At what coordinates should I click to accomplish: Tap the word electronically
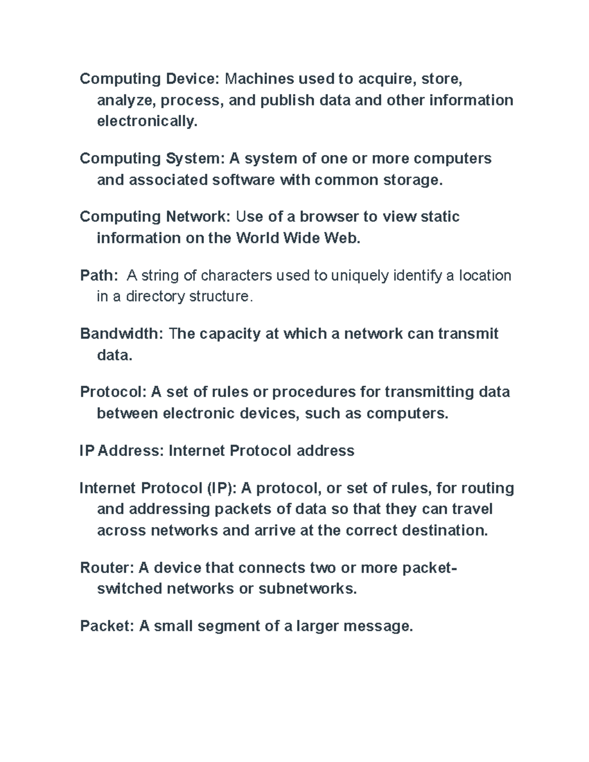(147, 121)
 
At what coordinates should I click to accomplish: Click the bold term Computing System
(152, 158)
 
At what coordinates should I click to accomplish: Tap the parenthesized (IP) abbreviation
(221, 488)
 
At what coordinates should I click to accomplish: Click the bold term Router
(107, 568)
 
